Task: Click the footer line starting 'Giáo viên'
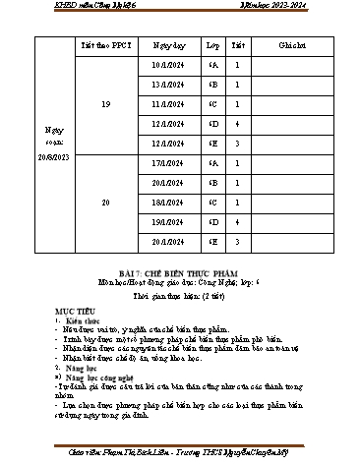180,454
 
